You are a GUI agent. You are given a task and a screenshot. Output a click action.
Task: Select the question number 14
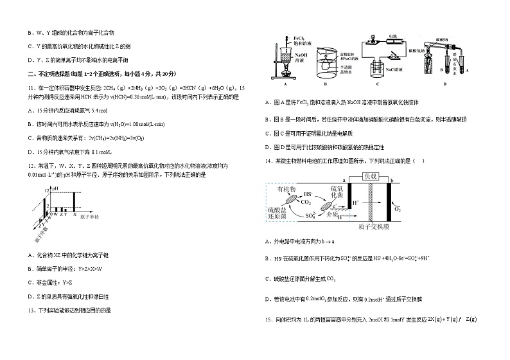coord(268,160)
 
